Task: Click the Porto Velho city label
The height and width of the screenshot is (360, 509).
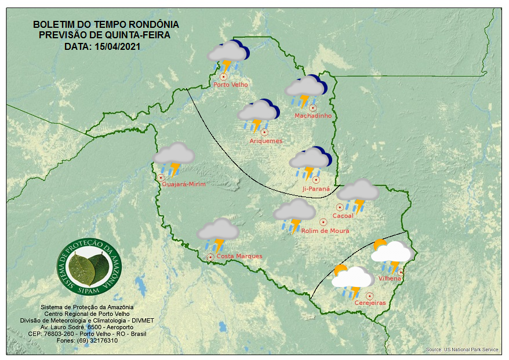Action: pyautogui.click(x=231, y=85)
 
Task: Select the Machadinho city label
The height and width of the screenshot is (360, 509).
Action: pyautogui.click(x=313, y=116)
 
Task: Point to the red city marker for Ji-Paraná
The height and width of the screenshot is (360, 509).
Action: pyautogui.click(x=316, y=180)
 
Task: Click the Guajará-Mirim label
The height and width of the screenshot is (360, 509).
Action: pyautogui.click(x=184, y=184)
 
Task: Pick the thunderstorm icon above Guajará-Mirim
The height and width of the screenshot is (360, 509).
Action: pyautogui.click(x=173, y=158)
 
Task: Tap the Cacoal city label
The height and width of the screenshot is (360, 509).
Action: pyautogui.click(x=343, y=216)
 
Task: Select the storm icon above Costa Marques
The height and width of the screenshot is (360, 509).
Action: pyautogui.click(x=217, y=234)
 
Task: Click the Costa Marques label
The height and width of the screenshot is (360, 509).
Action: pyautogui.click(x=239, y=256)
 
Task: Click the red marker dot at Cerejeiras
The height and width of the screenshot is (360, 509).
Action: pyautogui.click(x=369, y=296)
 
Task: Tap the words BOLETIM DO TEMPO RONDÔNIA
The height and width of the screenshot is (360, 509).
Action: pyautogui.click(x=106, y=25)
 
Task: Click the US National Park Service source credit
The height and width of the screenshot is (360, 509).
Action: pyautogui.click(x=462, y=350)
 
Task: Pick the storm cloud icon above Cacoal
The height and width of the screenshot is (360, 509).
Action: pyautogui.click(x=358, y=194)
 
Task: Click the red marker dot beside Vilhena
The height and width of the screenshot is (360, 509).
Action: pyautogui.click(x=400, y=272)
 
